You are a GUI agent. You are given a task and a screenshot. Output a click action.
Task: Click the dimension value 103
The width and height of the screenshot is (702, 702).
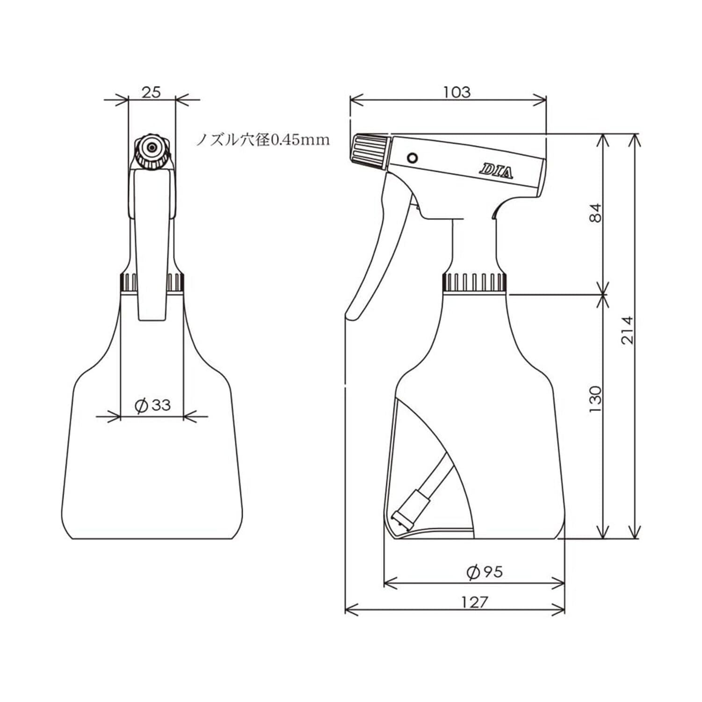[457, 92]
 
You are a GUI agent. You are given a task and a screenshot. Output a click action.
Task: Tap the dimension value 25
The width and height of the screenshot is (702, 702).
[152, 92]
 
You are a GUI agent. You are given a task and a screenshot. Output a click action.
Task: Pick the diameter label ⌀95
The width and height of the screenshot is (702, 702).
[485, 571]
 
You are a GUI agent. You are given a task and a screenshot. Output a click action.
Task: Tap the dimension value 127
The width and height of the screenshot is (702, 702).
[474, 602]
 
